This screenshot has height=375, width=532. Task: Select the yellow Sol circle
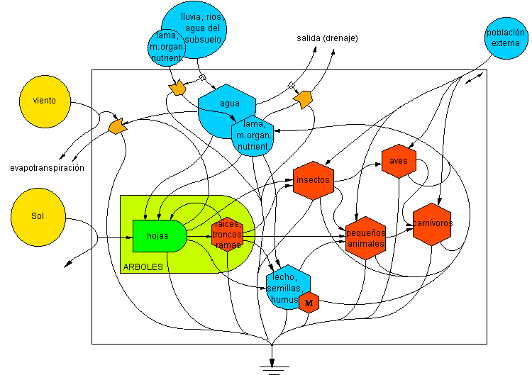(38, 216)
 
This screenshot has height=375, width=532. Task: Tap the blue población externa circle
(506, 37)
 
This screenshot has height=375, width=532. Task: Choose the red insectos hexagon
(313, 180)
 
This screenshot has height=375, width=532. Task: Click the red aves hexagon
(399, 161)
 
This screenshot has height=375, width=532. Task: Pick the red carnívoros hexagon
(432, 223)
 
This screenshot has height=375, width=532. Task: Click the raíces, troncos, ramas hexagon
(228, 235)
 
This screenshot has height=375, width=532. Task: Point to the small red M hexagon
(309, 303)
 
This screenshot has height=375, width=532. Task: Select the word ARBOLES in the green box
(143, 268)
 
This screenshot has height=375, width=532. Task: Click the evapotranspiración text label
(48, 168)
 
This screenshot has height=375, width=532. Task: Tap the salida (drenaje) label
(326, 38)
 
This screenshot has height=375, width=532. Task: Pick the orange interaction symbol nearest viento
(117, 127)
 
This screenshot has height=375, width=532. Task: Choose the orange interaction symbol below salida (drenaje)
(304, 99)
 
